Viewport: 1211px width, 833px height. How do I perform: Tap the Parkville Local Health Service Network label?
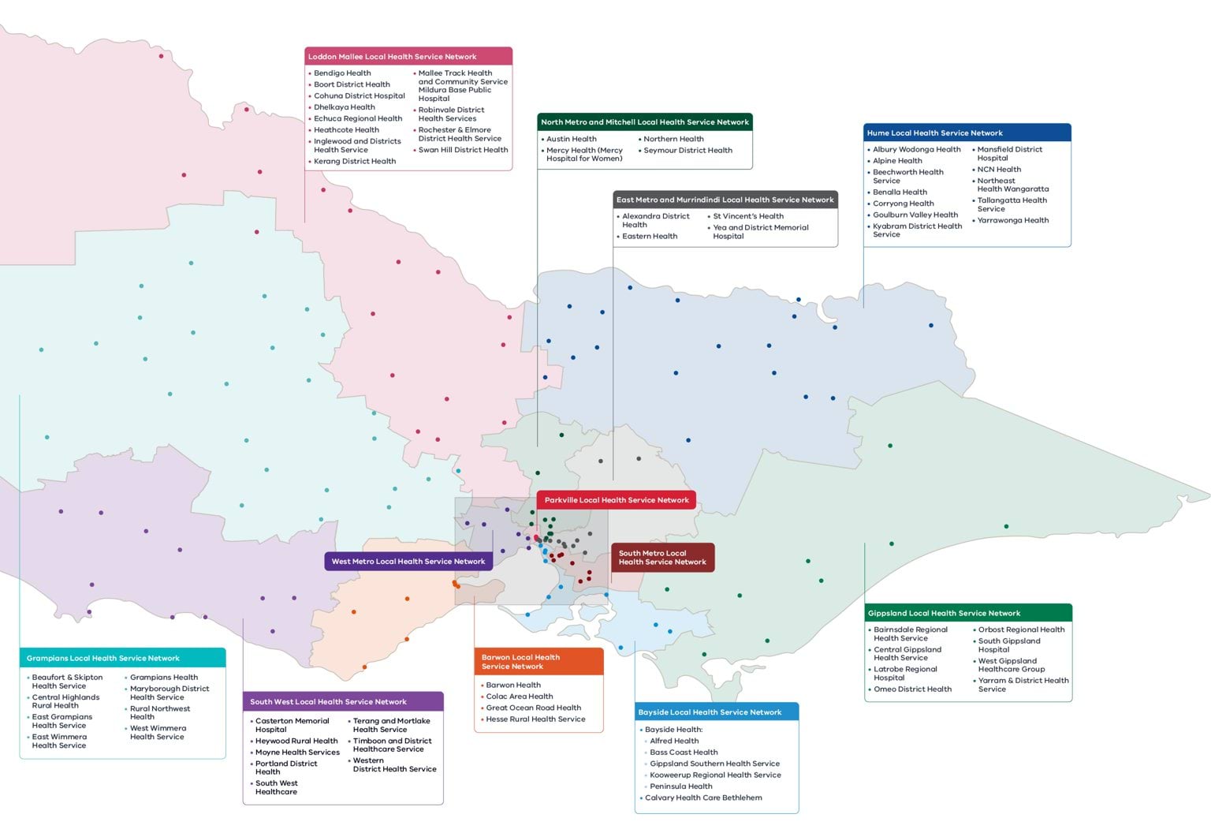pos(616,500)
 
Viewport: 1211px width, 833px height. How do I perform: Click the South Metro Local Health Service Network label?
pos(662,558)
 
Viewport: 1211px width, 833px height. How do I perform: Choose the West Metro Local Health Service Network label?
pos(408,562)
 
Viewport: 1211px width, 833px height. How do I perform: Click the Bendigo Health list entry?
pos(342,73)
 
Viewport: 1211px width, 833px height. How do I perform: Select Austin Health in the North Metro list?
pos(572,139)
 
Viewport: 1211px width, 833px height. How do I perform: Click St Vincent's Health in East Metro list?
pos(748,216)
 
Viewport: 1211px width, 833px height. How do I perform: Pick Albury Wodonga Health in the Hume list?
pos(916,150)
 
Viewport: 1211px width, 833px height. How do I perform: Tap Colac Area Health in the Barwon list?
pos(520,697)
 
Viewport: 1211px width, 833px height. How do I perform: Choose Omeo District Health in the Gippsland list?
pos(912,689)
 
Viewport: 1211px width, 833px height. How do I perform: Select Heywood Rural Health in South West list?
pos(296,741)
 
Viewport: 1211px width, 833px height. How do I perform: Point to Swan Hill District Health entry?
pos(463,150)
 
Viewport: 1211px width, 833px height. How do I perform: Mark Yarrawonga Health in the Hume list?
pos(1012,221)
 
